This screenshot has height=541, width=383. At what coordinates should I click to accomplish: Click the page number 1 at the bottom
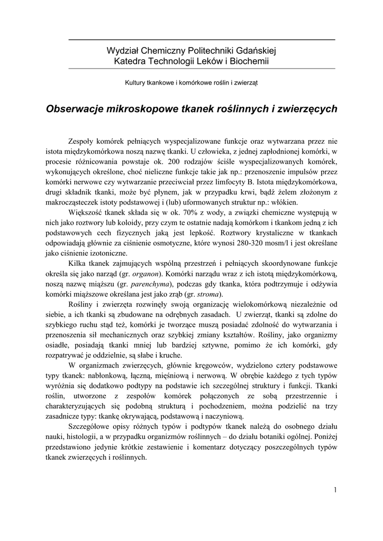(x=335, y=489)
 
